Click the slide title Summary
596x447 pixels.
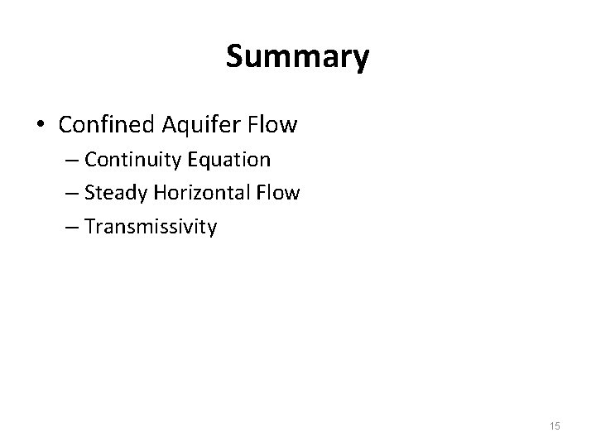click(x=297, y=57)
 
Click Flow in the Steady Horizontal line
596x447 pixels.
click(x=277, y=193)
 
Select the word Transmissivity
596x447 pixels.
click(x=151, y=227)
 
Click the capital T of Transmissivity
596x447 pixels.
click(x=89, y=226)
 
